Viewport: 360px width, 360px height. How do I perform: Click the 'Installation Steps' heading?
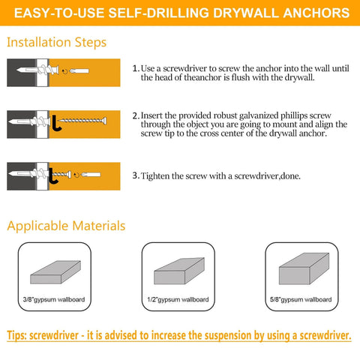click(56, 42)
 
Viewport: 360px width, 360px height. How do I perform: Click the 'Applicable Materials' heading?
click(66, 225)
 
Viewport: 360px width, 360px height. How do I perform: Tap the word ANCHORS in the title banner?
click(315, 13)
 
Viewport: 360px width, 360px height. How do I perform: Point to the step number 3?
click(135, 175)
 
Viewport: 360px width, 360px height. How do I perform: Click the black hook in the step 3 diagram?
click(52, 178)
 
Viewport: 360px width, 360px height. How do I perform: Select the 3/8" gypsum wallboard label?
click(53, 298)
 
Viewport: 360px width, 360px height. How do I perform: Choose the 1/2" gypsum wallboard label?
click(178, 298)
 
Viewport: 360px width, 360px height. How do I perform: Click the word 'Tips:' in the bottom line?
click(22, 335)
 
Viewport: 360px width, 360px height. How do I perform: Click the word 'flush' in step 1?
click(238, 77)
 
